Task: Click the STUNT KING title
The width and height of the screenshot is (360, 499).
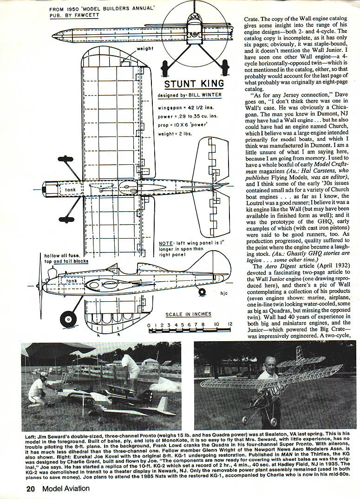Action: [195, 84]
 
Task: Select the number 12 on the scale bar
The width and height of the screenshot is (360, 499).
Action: [229, 325]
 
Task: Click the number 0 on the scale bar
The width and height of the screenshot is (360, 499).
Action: [149, 325]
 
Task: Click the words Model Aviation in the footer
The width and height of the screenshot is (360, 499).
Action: [65, 488]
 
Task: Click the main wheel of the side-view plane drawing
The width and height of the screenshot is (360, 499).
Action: [68, 318]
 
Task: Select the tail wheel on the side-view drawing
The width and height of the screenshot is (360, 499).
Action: [202, 292]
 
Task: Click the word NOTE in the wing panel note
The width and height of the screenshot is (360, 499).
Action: [166, 243]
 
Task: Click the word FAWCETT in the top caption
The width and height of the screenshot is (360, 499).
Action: [86, 15]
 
